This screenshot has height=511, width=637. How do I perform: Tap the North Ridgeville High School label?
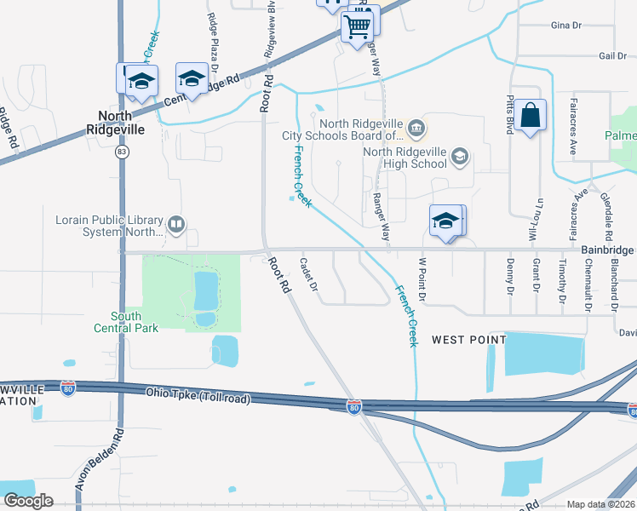[405, 158]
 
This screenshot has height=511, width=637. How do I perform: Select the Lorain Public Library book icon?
[176, 225]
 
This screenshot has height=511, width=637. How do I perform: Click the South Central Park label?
[126, 322]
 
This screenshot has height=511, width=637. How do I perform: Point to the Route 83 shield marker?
[123, 152]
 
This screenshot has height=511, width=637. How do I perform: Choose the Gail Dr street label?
[612, 55]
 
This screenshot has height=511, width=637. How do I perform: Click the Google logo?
[28, 501]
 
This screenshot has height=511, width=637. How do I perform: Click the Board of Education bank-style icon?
[416, 129]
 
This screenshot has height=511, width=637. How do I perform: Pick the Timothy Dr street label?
[563, 281]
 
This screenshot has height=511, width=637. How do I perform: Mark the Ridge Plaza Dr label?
[213, 43]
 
